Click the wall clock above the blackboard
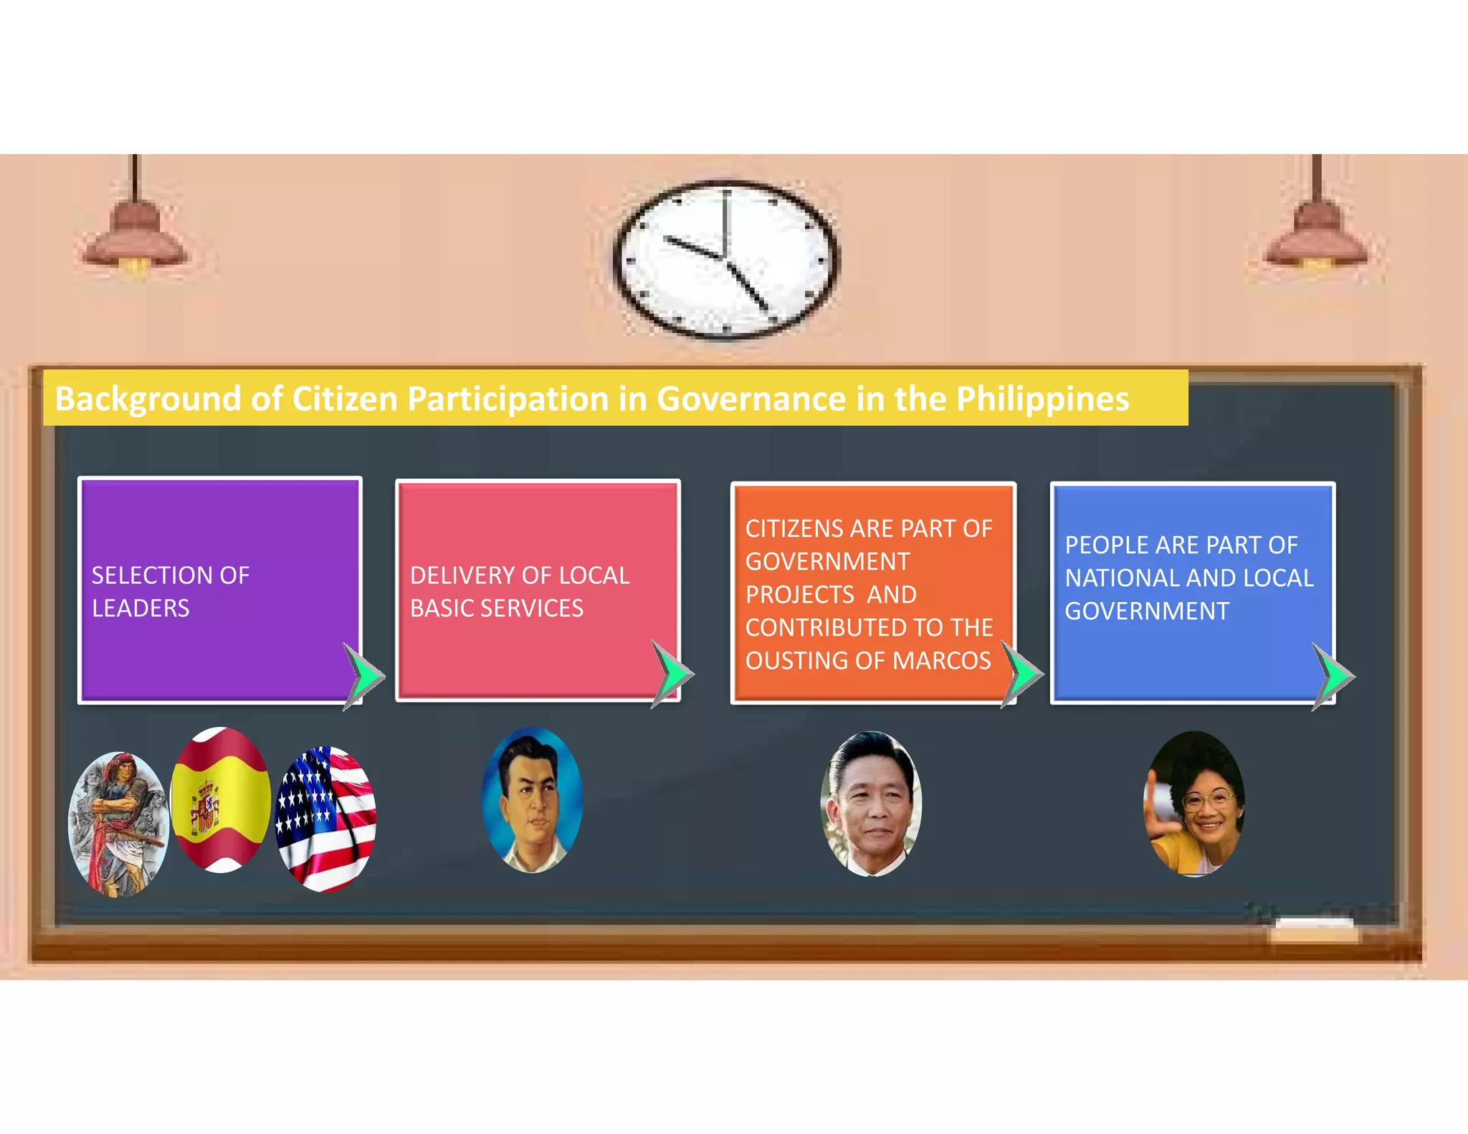pyautogui.click(x=725, y=259)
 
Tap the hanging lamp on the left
pyautogui.click(x=135, y=237)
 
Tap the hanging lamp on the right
pyautogui.click(x=1316, y=237)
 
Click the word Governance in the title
pyautogui.click(x=750, y=399)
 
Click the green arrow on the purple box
pyautogui.click(x=366, y=676)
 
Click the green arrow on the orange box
pyautogui.click(x=1023, y=674)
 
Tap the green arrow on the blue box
pyautogui.click(x=1333, y=676)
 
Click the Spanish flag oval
pyautogui.click(x=221, y=799)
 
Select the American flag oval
pyautogui.click(x=326, y=819)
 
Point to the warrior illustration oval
pyautogui.click(x=118, y=824)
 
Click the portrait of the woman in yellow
pyautogui.click(x=1193, y=803)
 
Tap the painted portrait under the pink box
pyautogui.click(x=532, y=800)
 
